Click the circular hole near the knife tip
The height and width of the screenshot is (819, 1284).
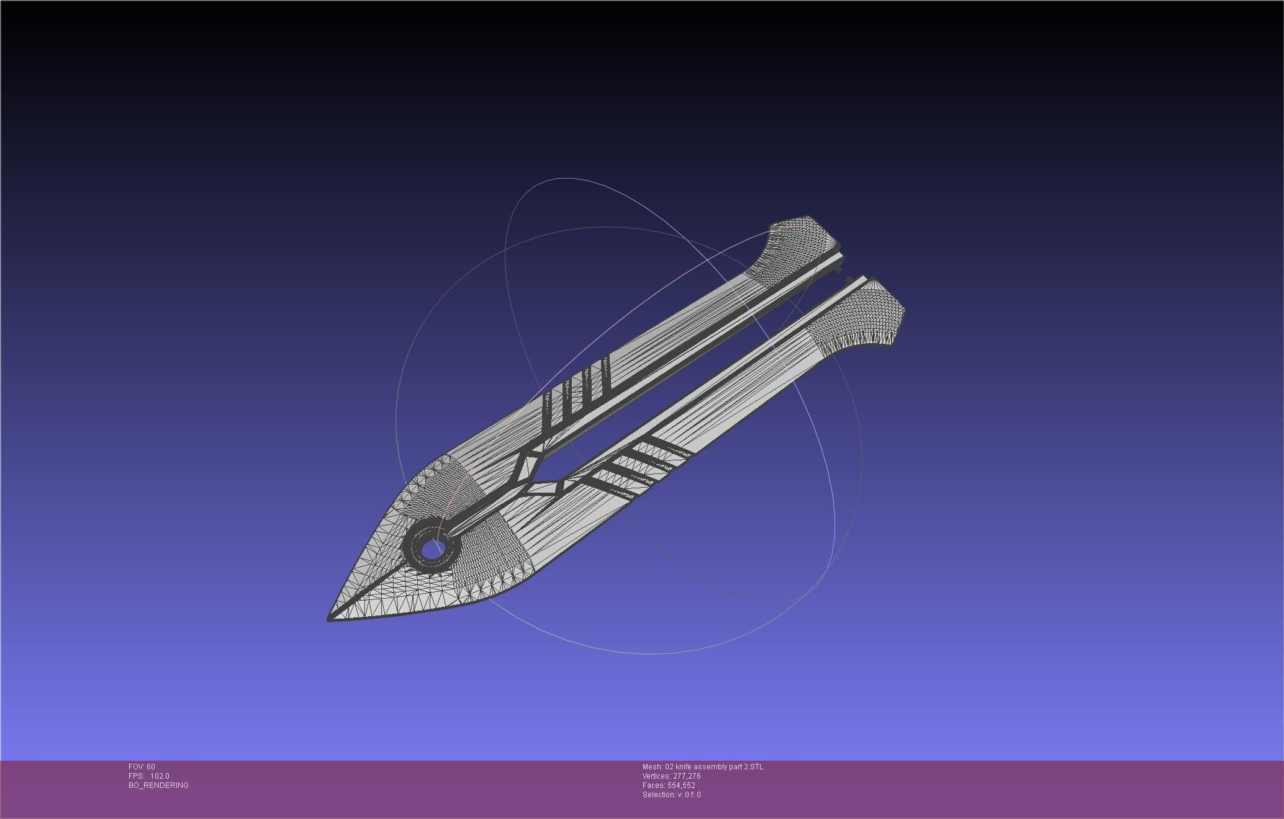(x=430, y=548)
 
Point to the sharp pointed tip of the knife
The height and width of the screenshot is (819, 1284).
(x=330, y=618)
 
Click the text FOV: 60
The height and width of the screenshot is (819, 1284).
(x=142, y=767)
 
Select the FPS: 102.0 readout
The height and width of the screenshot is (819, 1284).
(x=149, y=776)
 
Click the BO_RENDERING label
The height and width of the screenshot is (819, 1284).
(x=158, y=785)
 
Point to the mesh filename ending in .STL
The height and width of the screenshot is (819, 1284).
(x=703, y=767)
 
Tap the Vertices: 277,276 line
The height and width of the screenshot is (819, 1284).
(x=671, y=776)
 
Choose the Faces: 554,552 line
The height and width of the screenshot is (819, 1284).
(x=669, y=785)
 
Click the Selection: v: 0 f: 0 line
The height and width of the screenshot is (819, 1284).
(x=671, y=795)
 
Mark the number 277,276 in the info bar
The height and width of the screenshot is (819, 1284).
(x=687, y=776)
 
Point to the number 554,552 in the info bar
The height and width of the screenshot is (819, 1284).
(x=681, y=785)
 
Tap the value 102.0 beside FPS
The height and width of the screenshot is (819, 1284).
(x=160, y=776)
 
